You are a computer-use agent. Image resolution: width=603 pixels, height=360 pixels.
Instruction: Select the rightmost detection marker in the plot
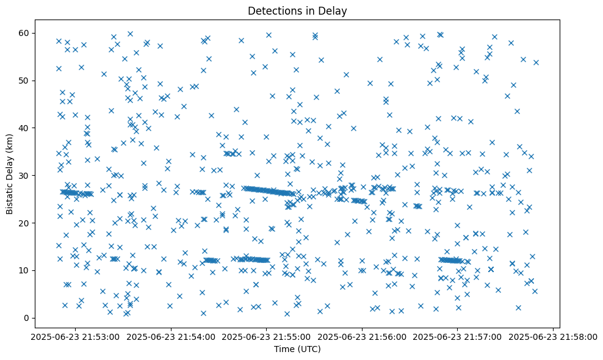(x=536, y=62)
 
